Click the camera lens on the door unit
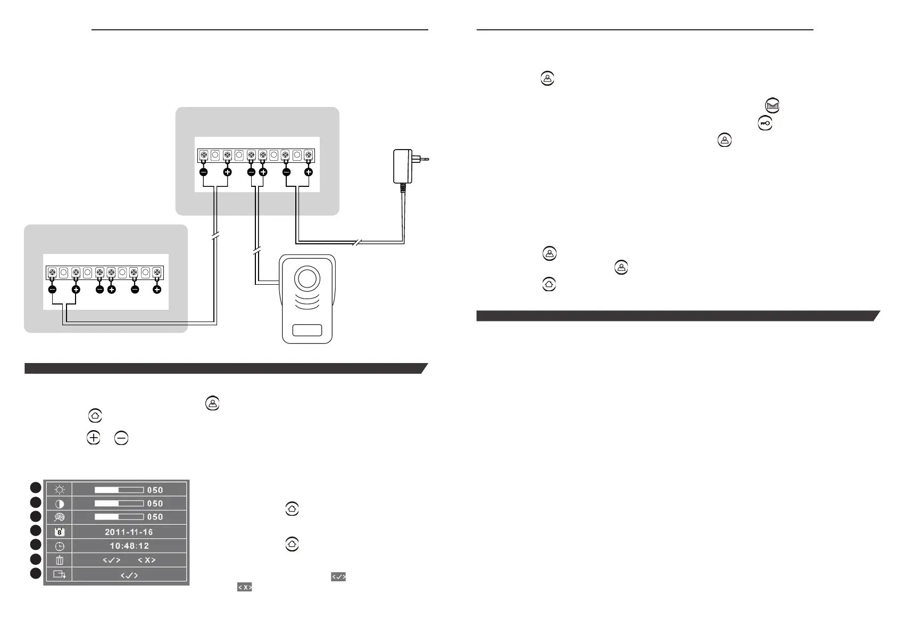(x=306, y=279)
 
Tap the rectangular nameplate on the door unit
(x=307, y=330)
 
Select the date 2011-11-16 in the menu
(x=129, y=532)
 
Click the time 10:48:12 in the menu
(x=129, y=546)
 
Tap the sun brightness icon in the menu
(x=59, y=490)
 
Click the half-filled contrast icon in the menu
(x=59, y=504)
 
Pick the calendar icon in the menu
(x=60, y=532)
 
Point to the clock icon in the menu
(x=60, y=546)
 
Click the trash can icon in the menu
(x=60, y=560)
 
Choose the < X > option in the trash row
(x=146, y=560)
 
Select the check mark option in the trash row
(x=111, y=560)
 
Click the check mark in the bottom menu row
(x=129, y=575)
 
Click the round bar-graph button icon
(x=773, y=106)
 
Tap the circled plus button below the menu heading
(x=93, y=438)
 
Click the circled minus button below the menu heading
(x=121, y=438)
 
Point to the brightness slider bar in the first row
(x=119, y=490)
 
